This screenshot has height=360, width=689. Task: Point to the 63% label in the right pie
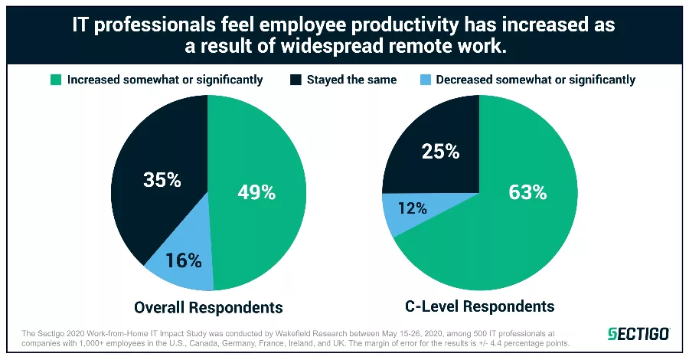coord(528,192)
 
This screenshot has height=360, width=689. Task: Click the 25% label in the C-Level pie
coord(440,151)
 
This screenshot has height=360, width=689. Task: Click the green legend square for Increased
coord(55,80)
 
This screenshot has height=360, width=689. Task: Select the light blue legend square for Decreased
coord(426,80)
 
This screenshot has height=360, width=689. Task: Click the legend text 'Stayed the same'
coord(353,80)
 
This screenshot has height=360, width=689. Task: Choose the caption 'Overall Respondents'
coord(208,308)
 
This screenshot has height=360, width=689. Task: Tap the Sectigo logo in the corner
coord(638,334)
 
